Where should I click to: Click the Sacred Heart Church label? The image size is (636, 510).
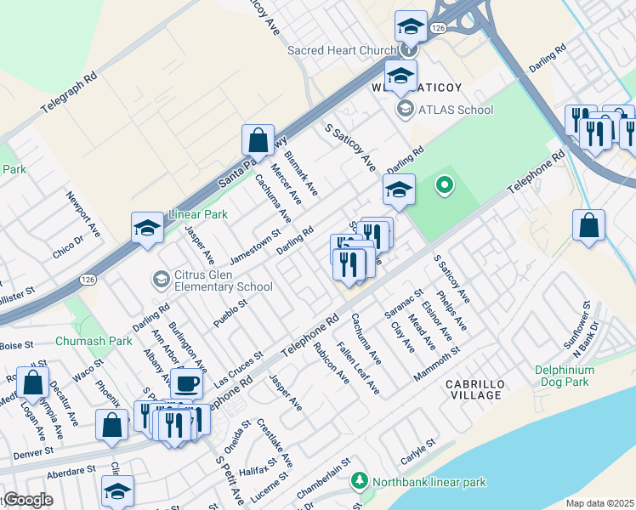click(342, 51)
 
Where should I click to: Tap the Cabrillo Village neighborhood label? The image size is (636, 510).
click(474, 390)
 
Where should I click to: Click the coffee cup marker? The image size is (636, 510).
click(187, 383)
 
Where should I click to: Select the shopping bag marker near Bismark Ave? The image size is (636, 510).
click(258, 140)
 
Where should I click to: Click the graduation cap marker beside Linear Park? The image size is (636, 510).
click(147, 228)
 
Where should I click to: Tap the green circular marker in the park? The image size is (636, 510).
click(443, 184)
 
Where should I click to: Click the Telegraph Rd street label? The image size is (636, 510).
click(69, 93)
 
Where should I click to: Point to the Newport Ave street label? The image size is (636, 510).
click(83, 213)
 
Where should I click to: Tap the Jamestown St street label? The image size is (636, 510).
click(255, 245)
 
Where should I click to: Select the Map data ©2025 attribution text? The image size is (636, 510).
click(598, 503)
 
